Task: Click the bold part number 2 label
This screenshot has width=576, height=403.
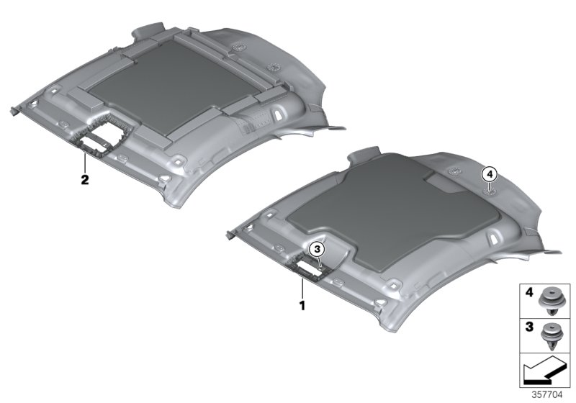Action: click(x=84, y=180)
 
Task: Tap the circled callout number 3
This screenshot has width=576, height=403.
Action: click(x=318, y=249)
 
